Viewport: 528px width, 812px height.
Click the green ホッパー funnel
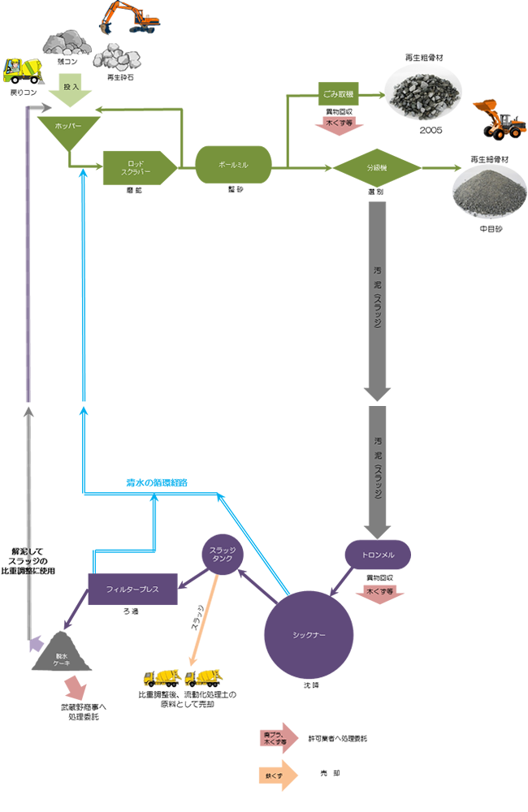[x=69, y=131]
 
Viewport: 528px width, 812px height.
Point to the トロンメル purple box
[x=377, y=555]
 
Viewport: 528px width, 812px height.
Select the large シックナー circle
[x=309, y=635]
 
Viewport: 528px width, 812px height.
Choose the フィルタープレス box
[x=132, y=588]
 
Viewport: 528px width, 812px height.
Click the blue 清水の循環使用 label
[x=157, y=482]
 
